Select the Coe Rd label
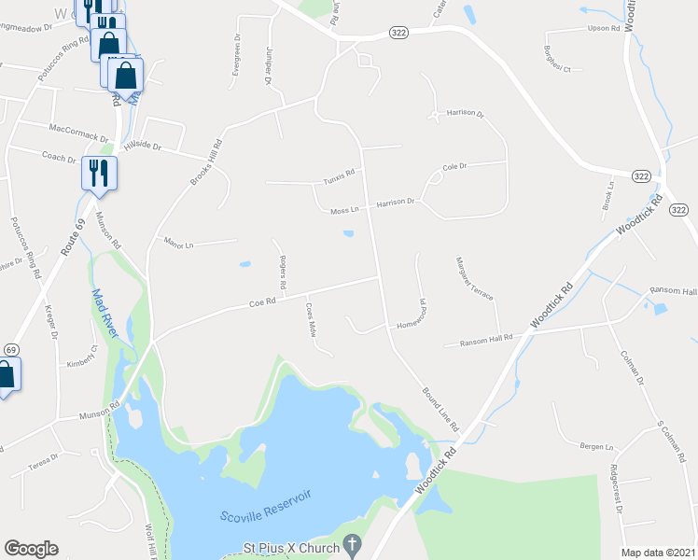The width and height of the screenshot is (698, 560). click(x=263, y=302)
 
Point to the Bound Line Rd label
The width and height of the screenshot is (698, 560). click(x=440, y=410)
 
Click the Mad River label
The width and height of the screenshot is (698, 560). click(x=104, y=313)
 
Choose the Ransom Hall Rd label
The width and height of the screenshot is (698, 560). click(x=486, y=343)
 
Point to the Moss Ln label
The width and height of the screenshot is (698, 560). click(x=344, y=211)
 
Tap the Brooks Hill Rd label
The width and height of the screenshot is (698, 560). click(x=207, y=161)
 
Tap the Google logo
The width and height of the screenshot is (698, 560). click(x=31, y=549)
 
